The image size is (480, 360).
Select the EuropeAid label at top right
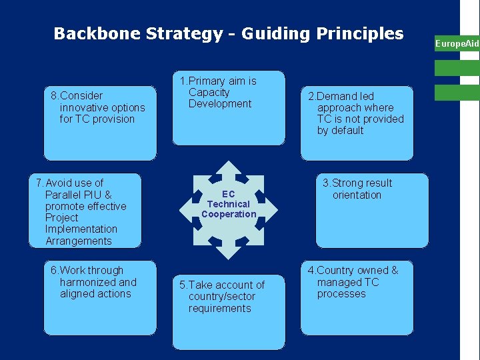click(x=457, y=44)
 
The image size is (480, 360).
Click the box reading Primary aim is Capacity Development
click(x=228, y=108)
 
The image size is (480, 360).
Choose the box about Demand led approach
click(x=357, y=123)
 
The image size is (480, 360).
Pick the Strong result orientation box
click(x=363, y=210)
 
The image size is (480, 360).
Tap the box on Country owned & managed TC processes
click(x=357, y=297)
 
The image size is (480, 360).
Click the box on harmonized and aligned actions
click(x=100, y=297)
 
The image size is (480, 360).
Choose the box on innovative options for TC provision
click(x=100, y=123)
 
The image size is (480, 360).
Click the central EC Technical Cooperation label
click(x=229, y=204)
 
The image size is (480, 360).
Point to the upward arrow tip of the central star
click(x=229, y=164)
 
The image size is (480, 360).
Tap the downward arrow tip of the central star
click(x=229, y=256)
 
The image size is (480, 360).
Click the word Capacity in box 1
click(x=209, y=92)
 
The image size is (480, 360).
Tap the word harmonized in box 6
click(x=87, y=282)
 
